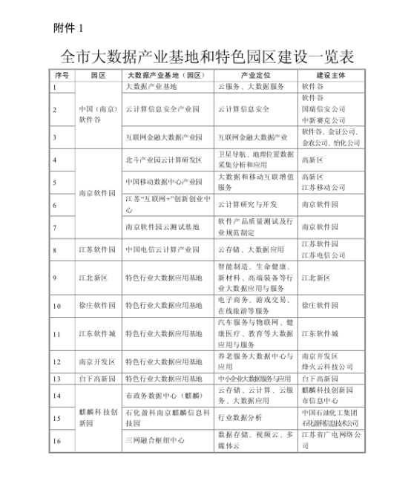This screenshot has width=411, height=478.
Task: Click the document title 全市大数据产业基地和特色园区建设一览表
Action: pyautogui.click(x=206, y=56)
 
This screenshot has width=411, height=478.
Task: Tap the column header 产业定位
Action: pyautogui.click(x=256, y=75)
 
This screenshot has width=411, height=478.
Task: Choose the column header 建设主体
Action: pyautogui.click(x=331, y=75)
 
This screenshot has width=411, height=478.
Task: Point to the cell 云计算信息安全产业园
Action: pyautogui.click(x=164, y=109)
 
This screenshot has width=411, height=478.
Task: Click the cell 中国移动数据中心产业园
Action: pyautogui.click(x=164, y=181)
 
